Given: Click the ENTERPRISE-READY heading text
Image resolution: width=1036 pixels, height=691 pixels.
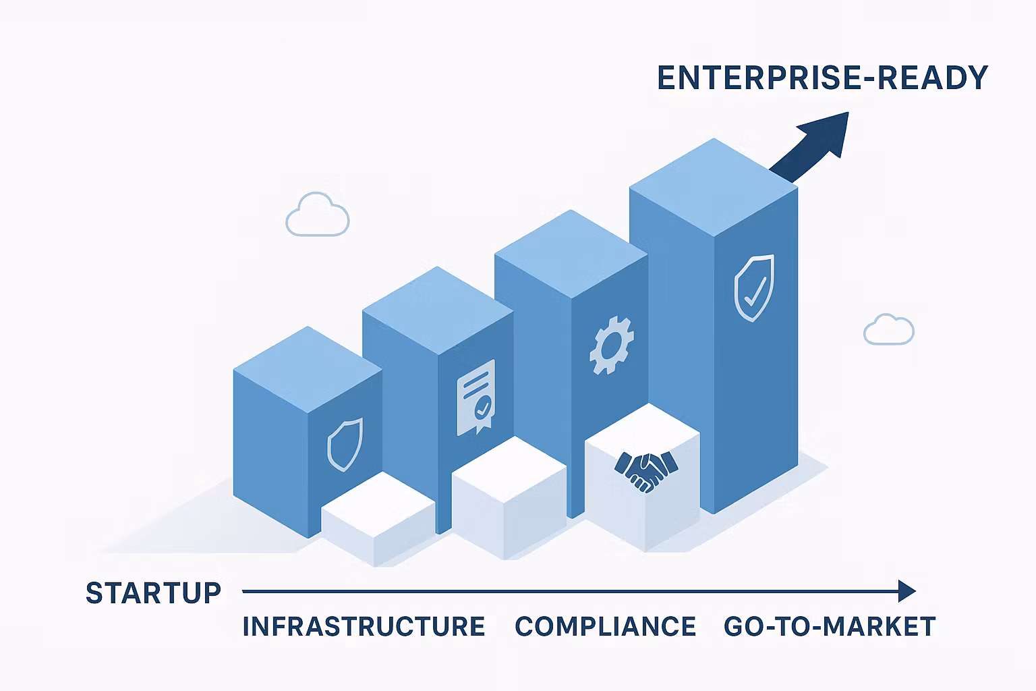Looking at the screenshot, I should coord(822,78).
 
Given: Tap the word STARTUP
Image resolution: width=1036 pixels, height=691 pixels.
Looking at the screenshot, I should coord(154,593).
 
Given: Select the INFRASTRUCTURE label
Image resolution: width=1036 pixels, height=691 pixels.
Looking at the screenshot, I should coord(364,627).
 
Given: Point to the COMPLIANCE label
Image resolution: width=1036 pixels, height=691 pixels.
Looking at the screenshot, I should coord(605,627).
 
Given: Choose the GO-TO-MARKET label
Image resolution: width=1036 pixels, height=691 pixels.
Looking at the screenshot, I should coord(830,627).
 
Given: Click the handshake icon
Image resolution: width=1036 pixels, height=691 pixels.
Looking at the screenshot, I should coord(645,468).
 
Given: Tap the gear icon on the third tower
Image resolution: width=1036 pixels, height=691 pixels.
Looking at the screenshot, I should coord(611,346).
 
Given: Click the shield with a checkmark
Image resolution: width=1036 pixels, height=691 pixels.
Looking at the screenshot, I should coord(753,288).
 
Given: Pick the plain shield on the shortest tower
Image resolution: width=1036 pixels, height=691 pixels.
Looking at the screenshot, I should coord(344,443).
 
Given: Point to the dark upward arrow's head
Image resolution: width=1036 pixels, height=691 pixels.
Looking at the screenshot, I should coord(826,132).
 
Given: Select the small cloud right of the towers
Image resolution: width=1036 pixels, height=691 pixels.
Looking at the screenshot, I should coord(888,330).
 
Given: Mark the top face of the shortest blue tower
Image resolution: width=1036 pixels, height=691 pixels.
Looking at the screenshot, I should coord(308,369).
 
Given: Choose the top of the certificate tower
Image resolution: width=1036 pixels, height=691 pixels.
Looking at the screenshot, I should coord(438,310).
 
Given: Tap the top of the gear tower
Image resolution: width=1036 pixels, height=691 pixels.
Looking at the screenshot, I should coord(571,254).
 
